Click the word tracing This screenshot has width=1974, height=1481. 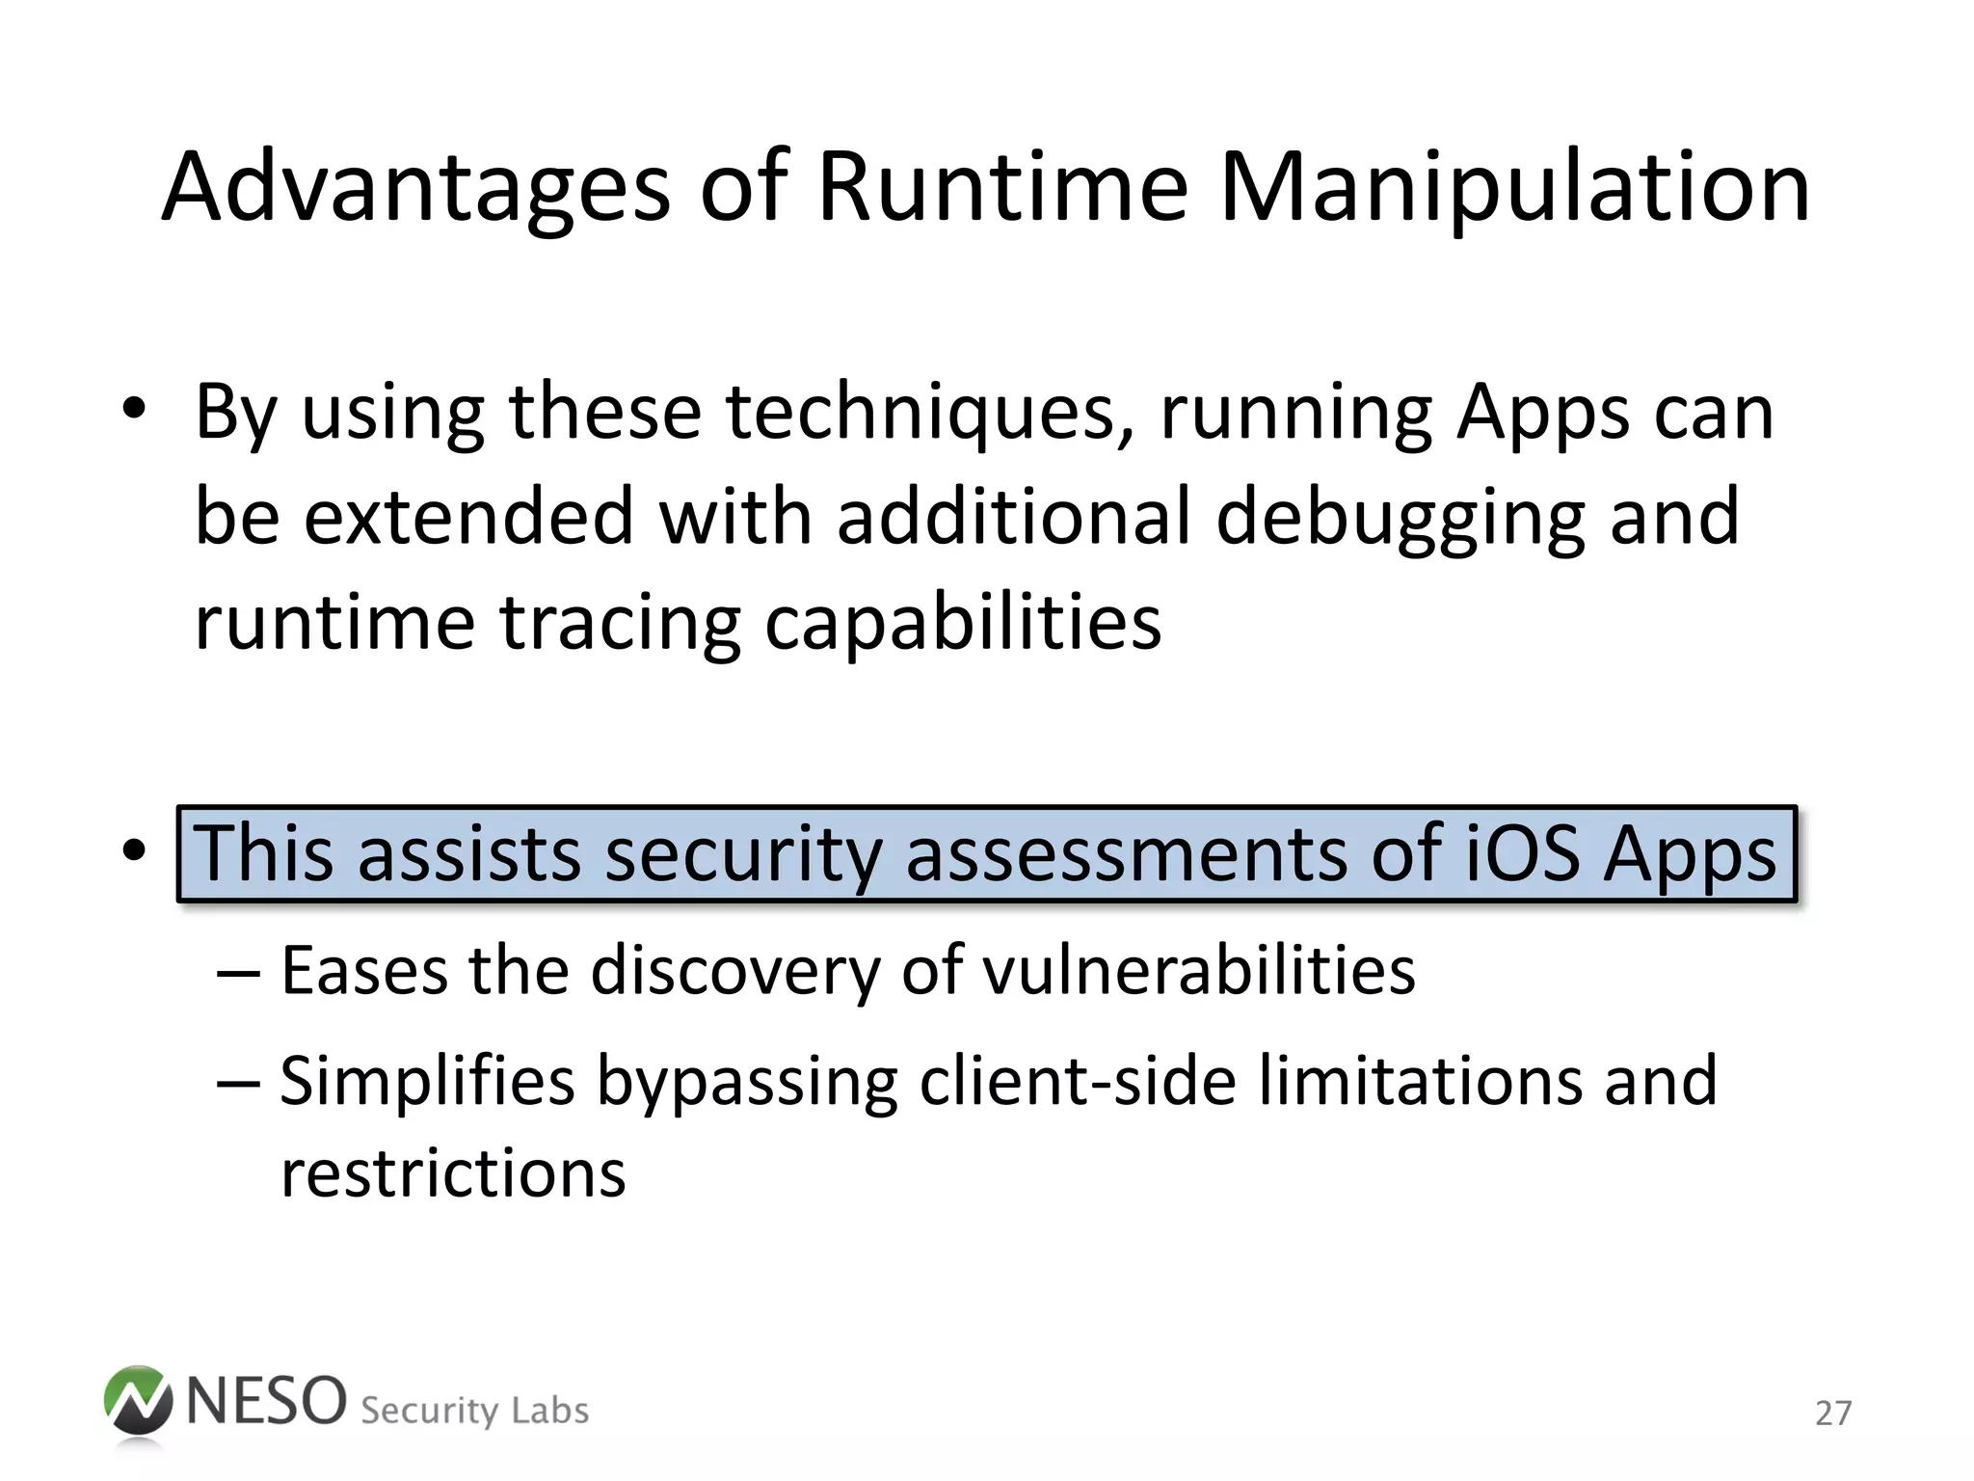point(620,624)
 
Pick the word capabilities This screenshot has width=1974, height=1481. point(963,624)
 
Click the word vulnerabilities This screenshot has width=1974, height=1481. point(1199,970)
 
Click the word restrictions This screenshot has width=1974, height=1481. point(453,1173)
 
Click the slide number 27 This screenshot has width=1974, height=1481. point(1832,1414)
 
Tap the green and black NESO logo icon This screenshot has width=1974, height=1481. point(138,1403)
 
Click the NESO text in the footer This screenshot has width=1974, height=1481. point(266,1401)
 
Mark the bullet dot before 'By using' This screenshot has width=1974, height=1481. point(134,412)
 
